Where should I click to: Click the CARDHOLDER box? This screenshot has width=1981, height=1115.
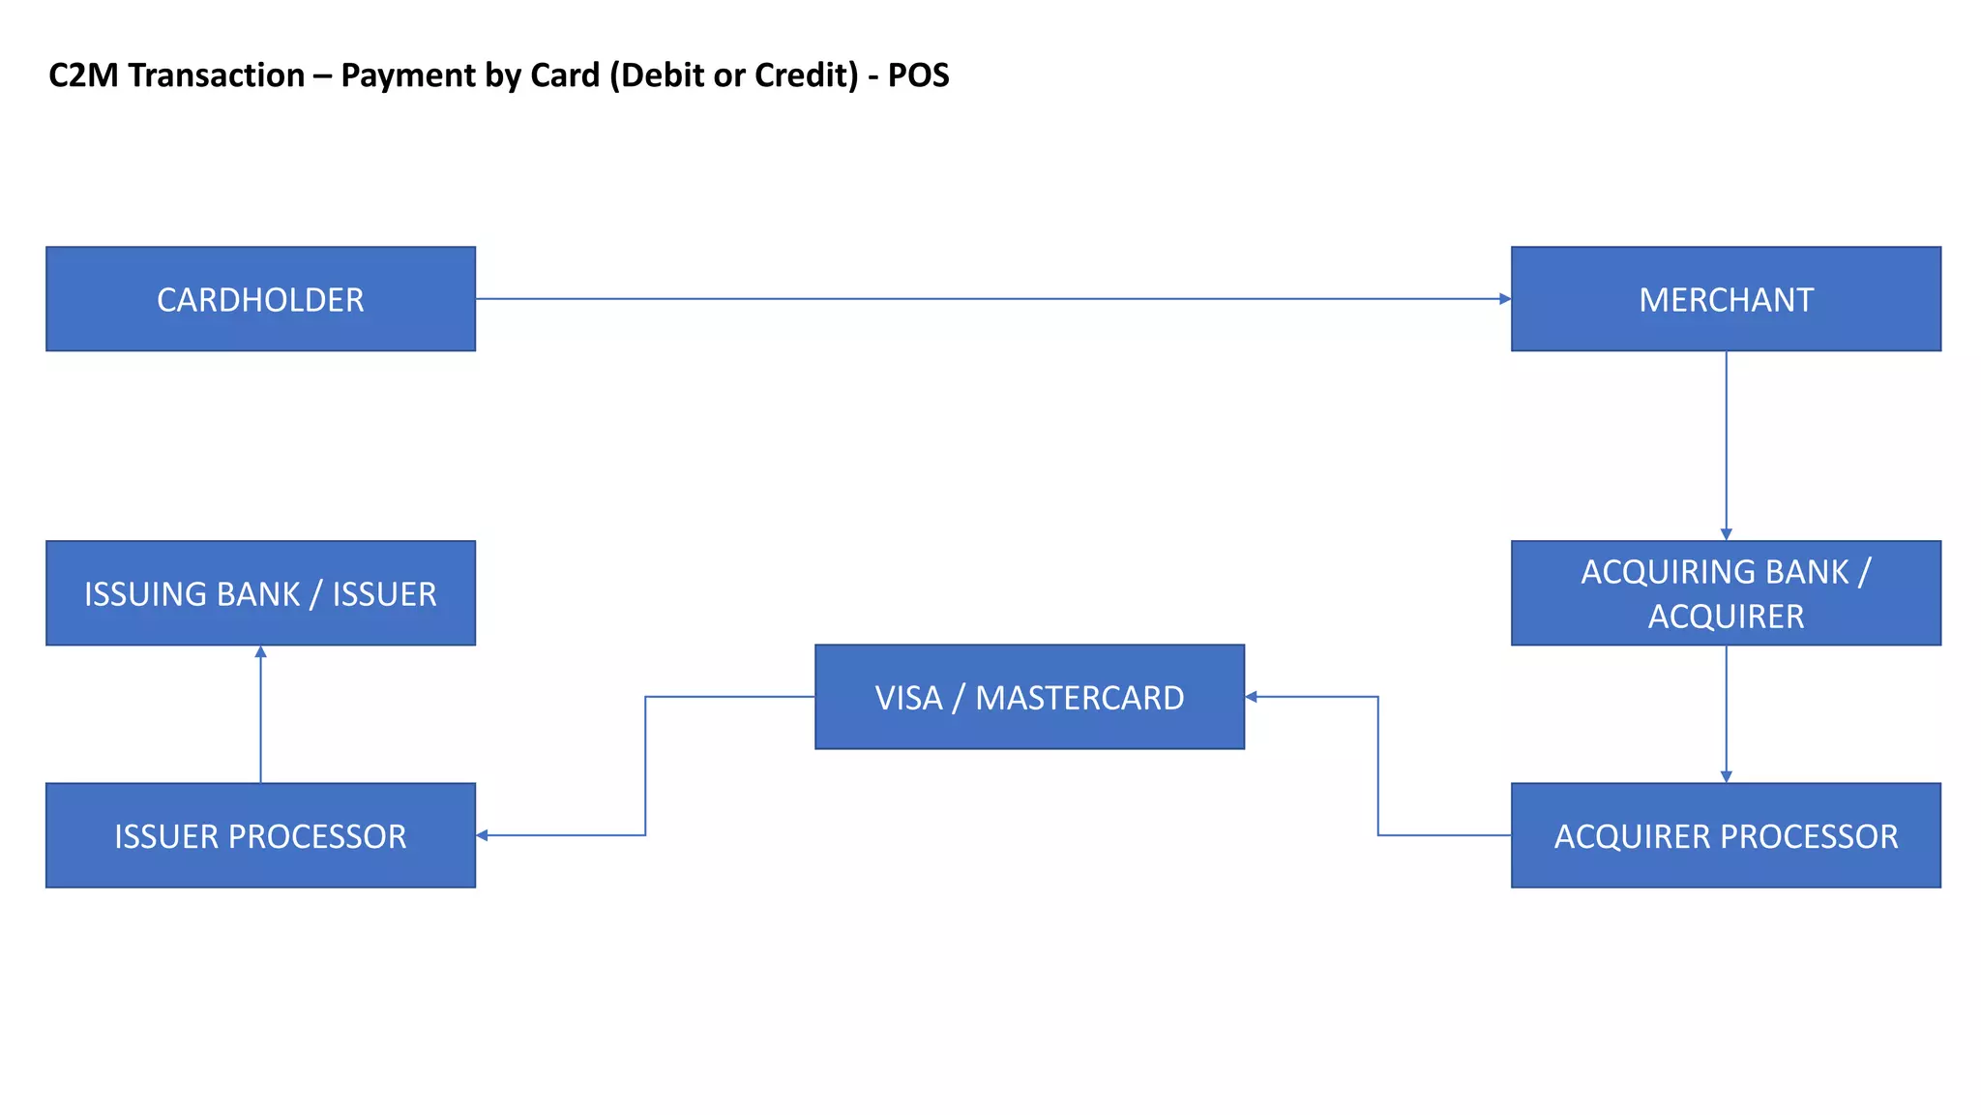coord(260,299)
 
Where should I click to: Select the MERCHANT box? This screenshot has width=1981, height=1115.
coord(1726,299)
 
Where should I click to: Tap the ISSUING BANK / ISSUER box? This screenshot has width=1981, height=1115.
coord(260,593)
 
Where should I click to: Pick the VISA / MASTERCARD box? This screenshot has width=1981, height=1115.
coord(1029,697)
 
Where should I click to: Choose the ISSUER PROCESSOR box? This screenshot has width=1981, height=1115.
coord(260,835)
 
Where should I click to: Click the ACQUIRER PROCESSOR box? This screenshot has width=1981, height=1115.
coord(1726,835)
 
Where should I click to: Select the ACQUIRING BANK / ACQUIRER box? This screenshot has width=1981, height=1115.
coord(1726,593)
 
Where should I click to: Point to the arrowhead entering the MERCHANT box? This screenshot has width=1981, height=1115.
coord(1504,299)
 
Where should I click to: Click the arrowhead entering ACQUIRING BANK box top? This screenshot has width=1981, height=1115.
coord(1726,534)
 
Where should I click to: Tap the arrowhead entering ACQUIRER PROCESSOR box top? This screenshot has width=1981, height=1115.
coord(1726,776)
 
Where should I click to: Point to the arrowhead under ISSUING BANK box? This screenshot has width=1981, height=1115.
coord(260,652)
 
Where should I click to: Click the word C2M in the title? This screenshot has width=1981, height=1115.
coord(84,75)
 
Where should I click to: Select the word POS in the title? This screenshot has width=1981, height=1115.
coord(918,75)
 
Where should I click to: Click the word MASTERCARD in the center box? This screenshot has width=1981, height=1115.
coord(1079,698)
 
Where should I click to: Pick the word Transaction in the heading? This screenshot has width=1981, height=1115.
coord(217,75)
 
